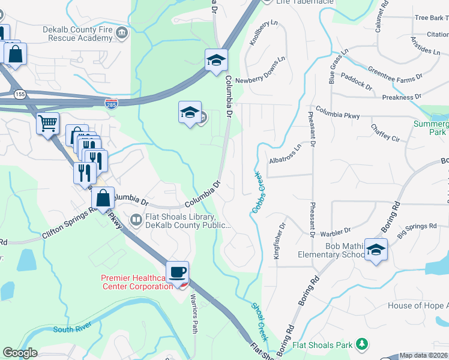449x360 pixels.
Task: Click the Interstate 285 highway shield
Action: click(111, 103)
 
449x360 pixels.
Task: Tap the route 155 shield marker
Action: click(20, 94)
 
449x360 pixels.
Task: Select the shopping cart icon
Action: click(47, 124)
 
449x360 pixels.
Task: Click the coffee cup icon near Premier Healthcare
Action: click(177, 272)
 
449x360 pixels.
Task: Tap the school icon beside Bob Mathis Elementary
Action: click(376, 250)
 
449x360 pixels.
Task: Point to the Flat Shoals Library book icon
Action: click(136, 221)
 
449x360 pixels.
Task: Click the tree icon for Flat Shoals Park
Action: click(361, 344)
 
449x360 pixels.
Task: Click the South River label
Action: click(71, 329)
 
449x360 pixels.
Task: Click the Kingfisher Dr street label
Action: click(280, 241)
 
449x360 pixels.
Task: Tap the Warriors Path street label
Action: click(194, 314)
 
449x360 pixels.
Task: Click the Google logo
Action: click(20, 353)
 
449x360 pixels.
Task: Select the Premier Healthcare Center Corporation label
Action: click(137, 282)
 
